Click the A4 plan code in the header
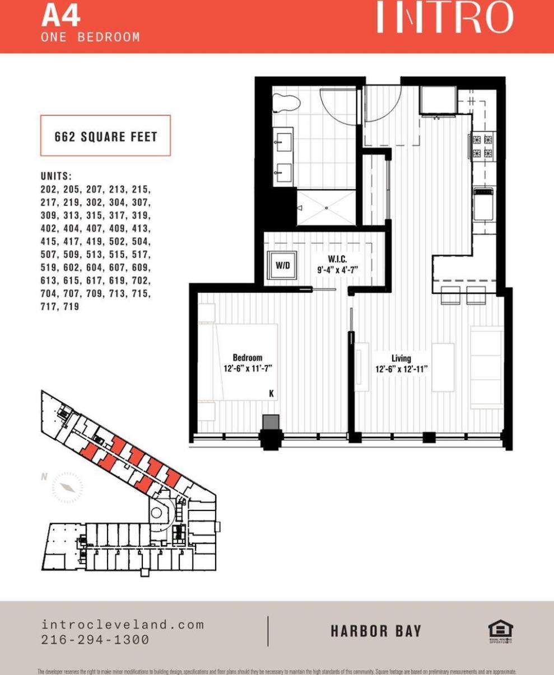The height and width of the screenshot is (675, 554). (x=60, y=16)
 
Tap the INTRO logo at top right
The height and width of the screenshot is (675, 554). (x=444, y=18)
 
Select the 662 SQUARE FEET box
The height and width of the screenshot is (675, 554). (x=105, y=136)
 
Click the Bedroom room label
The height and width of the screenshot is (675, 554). (x=247, y=358)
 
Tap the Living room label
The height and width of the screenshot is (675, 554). (x=401, y=358)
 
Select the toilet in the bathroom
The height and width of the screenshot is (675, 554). (x=286, y=104)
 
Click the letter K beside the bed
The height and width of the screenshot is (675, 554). (x=271, y=394)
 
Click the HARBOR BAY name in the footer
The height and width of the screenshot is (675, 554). (x=375, y=631)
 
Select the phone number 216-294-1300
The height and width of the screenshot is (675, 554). (x=95, y=640)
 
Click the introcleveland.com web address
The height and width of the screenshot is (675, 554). (x=123, y=625)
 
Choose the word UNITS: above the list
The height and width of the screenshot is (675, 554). (x=57, y=176)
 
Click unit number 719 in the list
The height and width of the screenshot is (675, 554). (x=71, y=307)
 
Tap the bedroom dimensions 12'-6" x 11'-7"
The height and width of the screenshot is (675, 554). (x=248, y=368)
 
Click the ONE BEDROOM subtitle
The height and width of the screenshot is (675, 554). (x=90, y=37)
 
